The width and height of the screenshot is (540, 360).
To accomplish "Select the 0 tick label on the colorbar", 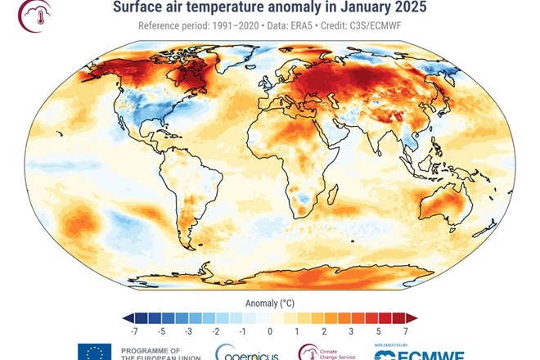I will (x=269, y=332).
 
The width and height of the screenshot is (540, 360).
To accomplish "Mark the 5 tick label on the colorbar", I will (x=377, y=332).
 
